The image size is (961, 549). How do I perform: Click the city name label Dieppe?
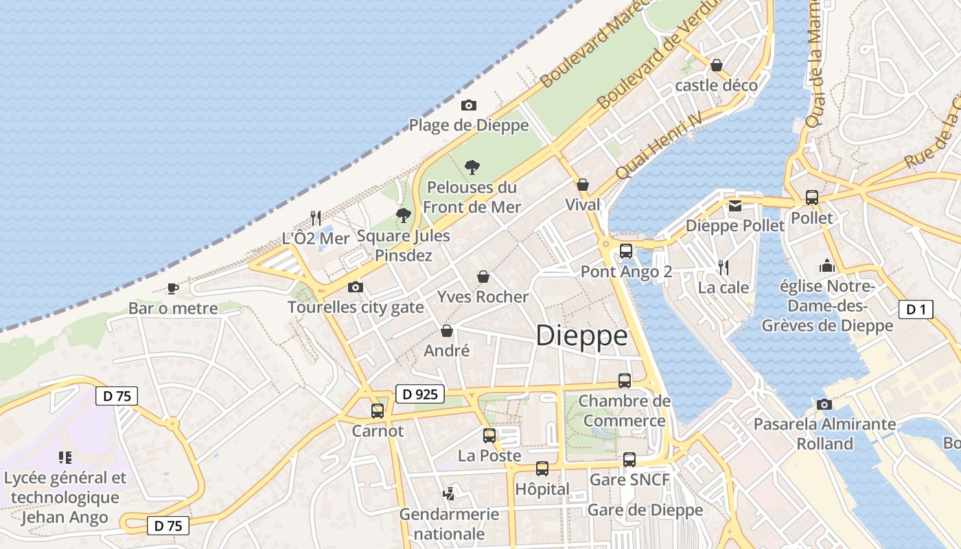click(x=581, y=336)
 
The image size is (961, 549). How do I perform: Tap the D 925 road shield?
click(x=420, y=394)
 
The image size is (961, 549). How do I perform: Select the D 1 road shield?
click(x=916, y=309)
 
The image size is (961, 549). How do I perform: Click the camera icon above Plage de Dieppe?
click(x=469, y=105)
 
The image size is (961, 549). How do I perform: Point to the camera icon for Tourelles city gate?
click(x=356, y=287)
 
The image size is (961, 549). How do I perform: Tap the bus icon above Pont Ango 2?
click(x=626, y=251)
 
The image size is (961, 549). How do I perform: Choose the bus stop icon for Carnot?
click(x=378, y=411)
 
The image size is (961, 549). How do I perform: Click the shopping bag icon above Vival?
click(x=583, y=185)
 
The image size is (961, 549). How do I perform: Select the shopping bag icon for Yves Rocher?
click(x=483, y=277)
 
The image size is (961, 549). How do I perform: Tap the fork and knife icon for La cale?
click(x=723, y=267)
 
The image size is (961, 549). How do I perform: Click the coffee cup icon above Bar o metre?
click(x=173, y=288)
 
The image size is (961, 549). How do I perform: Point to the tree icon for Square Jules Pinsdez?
click(x=404, y=215)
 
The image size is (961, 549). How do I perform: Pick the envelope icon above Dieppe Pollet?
click(x=735, y=205)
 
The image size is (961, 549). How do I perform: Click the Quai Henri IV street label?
click(x=659, y=145)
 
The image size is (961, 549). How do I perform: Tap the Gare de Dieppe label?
click(x=645, y=510)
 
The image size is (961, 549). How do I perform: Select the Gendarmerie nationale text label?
click(x=449, y=524)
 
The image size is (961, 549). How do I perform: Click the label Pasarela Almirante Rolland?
click(x=824, y=434)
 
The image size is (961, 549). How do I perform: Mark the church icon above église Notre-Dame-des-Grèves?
click(x=827, y=266)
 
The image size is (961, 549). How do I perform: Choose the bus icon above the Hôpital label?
click(x=542, y=469)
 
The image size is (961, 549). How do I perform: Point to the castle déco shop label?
click(x=716, y=85)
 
